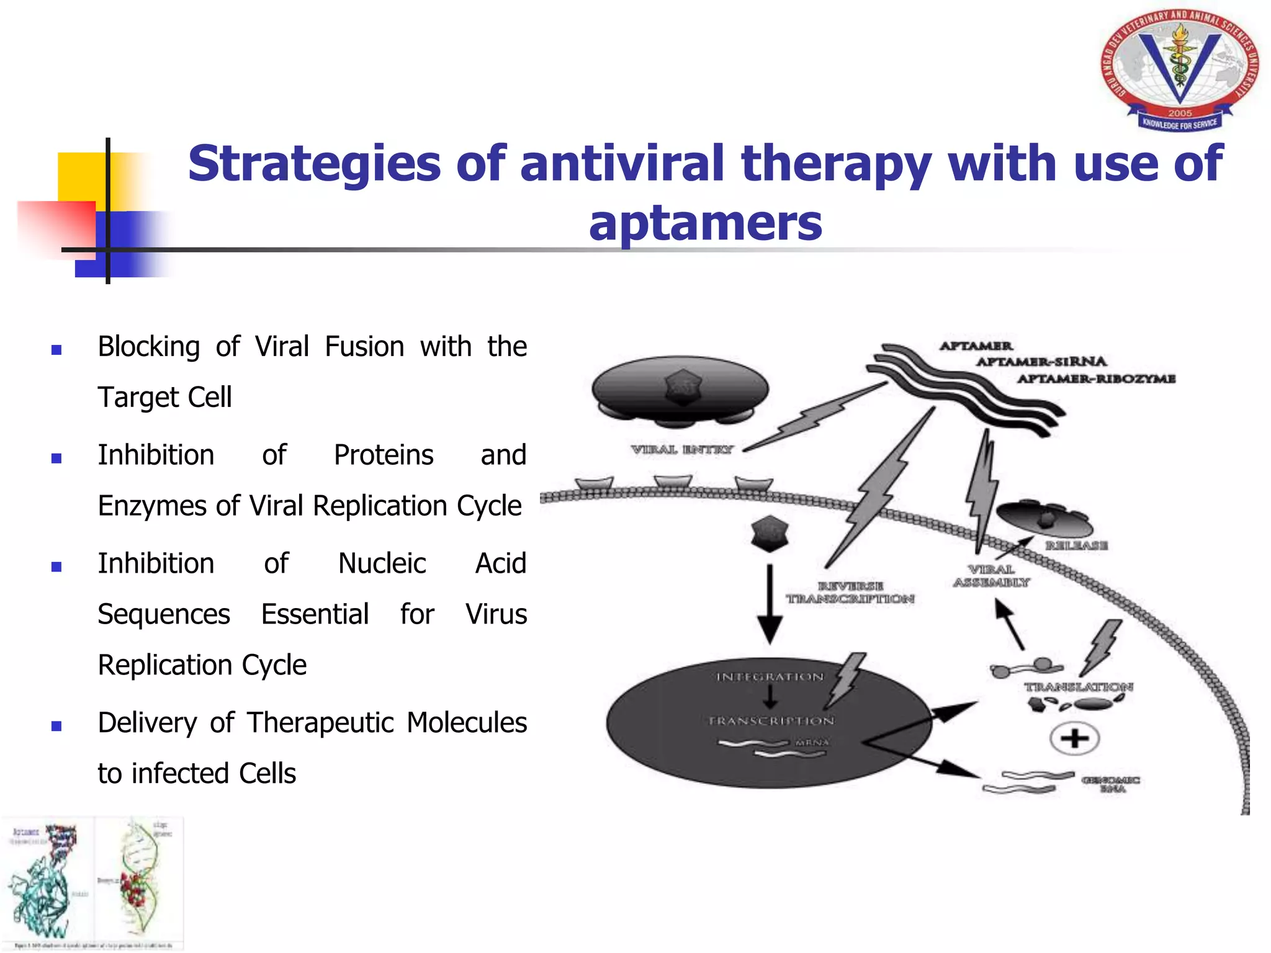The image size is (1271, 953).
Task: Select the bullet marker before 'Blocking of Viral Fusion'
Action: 56,350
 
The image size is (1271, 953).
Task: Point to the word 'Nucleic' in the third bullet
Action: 382,563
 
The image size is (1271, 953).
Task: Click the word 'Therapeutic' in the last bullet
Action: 320,723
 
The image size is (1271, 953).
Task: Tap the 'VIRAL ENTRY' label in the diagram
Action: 681,449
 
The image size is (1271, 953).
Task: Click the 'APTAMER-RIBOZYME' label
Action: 1096,378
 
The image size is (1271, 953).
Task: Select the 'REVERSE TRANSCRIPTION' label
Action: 850,593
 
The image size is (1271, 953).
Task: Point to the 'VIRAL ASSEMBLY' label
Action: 991,576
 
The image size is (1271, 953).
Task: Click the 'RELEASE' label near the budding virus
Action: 1076,545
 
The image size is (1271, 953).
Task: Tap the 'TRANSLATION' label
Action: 1078,687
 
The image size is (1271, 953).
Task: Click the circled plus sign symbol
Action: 1074,738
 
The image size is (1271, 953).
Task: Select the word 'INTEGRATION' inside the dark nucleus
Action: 770,677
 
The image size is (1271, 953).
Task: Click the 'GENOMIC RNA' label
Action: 1111,784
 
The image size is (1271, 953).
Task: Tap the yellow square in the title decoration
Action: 81,177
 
